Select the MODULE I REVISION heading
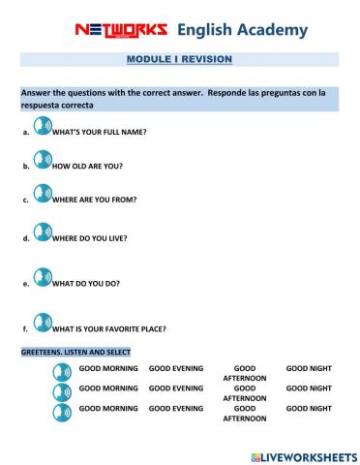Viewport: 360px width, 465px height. click(x=180, y=59)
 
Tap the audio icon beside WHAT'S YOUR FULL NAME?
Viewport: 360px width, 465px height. click(x=42, y=126)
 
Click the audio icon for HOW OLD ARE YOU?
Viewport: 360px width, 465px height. click(x=42, y=161)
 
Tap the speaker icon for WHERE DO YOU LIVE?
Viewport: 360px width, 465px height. click(x=42, y=232)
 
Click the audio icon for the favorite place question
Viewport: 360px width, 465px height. click(x=42, y=324)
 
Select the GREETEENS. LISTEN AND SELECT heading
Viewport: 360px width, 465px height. click(x=75, y=352)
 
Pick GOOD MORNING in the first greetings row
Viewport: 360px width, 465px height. click(x=108, y=369)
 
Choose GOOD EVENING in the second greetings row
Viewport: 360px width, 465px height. click(x=176, y=387)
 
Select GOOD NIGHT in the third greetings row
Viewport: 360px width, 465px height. click(x=309, y=408)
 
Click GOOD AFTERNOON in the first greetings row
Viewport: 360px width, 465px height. click(x=245, y=374)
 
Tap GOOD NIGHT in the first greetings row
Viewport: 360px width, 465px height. click(x=309, y=369)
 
